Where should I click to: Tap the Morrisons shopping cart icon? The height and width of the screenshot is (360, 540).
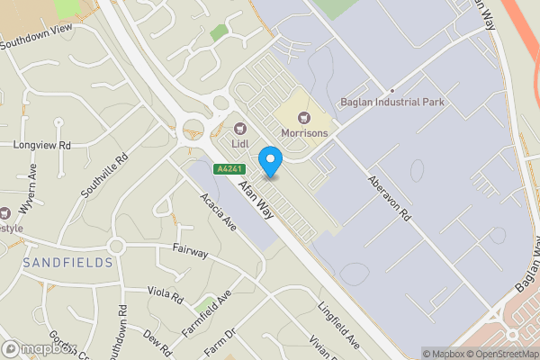(x=303, y=117)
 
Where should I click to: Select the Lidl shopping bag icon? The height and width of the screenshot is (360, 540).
(x=240, y=128)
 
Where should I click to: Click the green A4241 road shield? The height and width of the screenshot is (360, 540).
(x=229, y=169)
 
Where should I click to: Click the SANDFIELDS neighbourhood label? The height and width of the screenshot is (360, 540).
(x=68, y=263)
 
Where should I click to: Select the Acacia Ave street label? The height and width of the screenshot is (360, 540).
(x=218, y=211)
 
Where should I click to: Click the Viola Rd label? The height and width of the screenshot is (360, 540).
(x=166, y=294)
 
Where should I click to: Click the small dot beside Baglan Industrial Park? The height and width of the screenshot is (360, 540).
(x=392, y=92)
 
